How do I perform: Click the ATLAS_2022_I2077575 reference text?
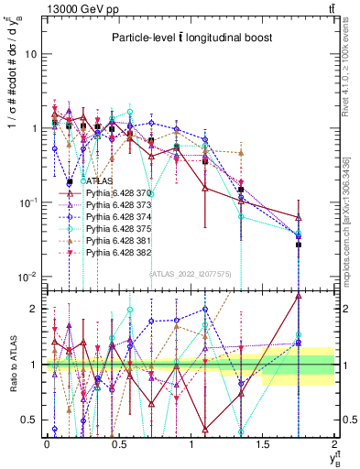[190, 273]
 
